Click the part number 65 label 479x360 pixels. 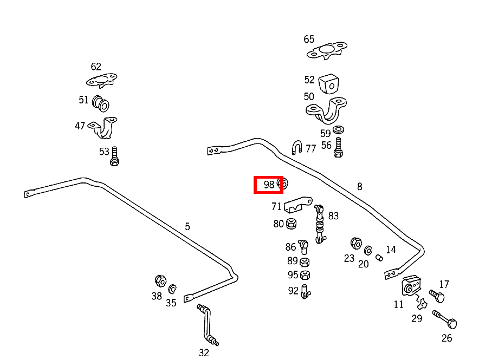tap(309, 39)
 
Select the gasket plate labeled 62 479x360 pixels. tap(101, 81)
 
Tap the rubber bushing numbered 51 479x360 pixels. tap(100, 103)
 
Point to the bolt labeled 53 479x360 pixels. tap(114, 156)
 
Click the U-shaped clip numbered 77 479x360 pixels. tap(297, 147)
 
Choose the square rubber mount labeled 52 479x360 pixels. tap(329, 83)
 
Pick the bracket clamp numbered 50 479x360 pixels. tap(326, 110)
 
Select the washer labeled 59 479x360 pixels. tap(338, 129)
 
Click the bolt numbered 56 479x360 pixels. tap(338, 147)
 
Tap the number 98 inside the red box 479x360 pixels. tap(269, 185)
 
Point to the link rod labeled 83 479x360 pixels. tap(320, 224)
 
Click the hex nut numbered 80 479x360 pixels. tap(291, 224)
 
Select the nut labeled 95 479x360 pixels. tap(305, 275)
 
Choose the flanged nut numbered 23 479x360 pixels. tap(356, 244)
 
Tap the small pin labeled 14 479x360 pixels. tap(379, 258)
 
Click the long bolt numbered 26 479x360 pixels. tap(445, 319)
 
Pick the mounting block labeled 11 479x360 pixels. tap(411, 285)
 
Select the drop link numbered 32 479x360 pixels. tap(208, 325)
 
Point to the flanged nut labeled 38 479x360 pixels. tap(160, 281)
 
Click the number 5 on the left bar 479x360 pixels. tap(187, 226)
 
